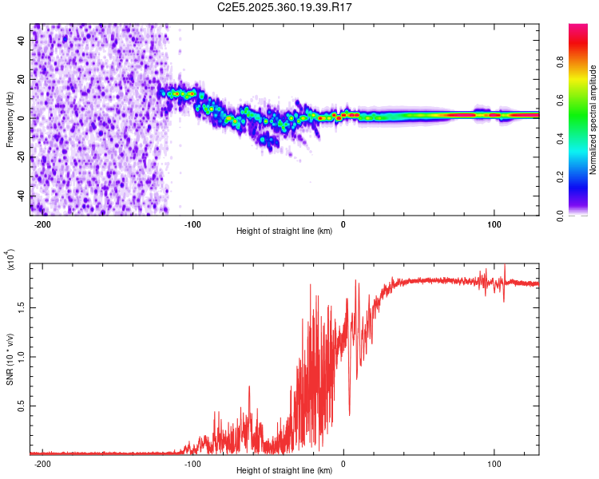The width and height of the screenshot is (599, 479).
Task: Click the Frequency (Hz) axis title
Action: (x=10, y=120)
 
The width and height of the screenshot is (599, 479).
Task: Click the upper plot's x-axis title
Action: (x=284, y=231)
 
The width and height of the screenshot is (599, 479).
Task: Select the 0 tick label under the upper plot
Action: (x=343, y=224)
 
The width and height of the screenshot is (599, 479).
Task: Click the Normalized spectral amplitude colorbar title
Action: (x=593, y=120)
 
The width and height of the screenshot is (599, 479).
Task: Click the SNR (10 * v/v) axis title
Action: (x=10, y=359)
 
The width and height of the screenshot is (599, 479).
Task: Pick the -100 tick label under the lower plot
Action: (x=192, y=463)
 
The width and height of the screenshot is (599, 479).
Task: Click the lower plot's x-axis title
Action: (x=284, y=470)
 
